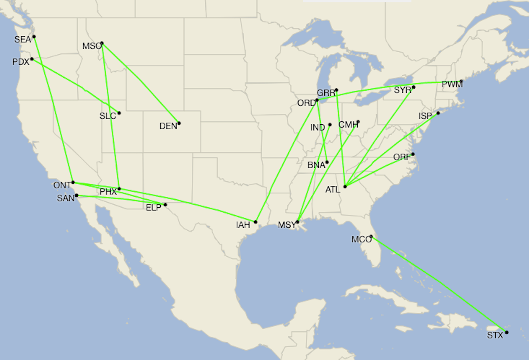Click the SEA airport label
[x=22, y=40]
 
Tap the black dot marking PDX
[x=32, y=59]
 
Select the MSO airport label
[x=92, y=46]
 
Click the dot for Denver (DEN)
[x=179, y=123]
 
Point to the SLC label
[x=107, y=116]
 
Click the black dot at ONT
[x=73, y=182]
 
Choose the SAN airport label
[x=65, y=198]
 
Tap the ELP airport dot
[x=165, y=205]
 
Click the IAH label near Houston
[x=243, y=225]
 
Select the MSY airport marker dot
[x=298, y=222]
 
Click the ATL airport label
[x=332, y=190]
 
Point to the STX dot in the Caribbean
[x=507, y=333]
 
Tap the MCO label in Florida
[x=361, y=240]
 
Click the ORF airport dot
[x=413, y=154]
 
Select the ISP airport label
[x=425, y=116]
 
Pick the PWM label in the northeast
[x=452, y=85]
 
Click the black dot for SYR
[x=414, y=87]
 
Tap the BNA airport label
[x=316, y=165]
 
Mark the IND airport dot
[x=330, y=125]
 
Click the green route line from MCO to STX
[x=439, y=284]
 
